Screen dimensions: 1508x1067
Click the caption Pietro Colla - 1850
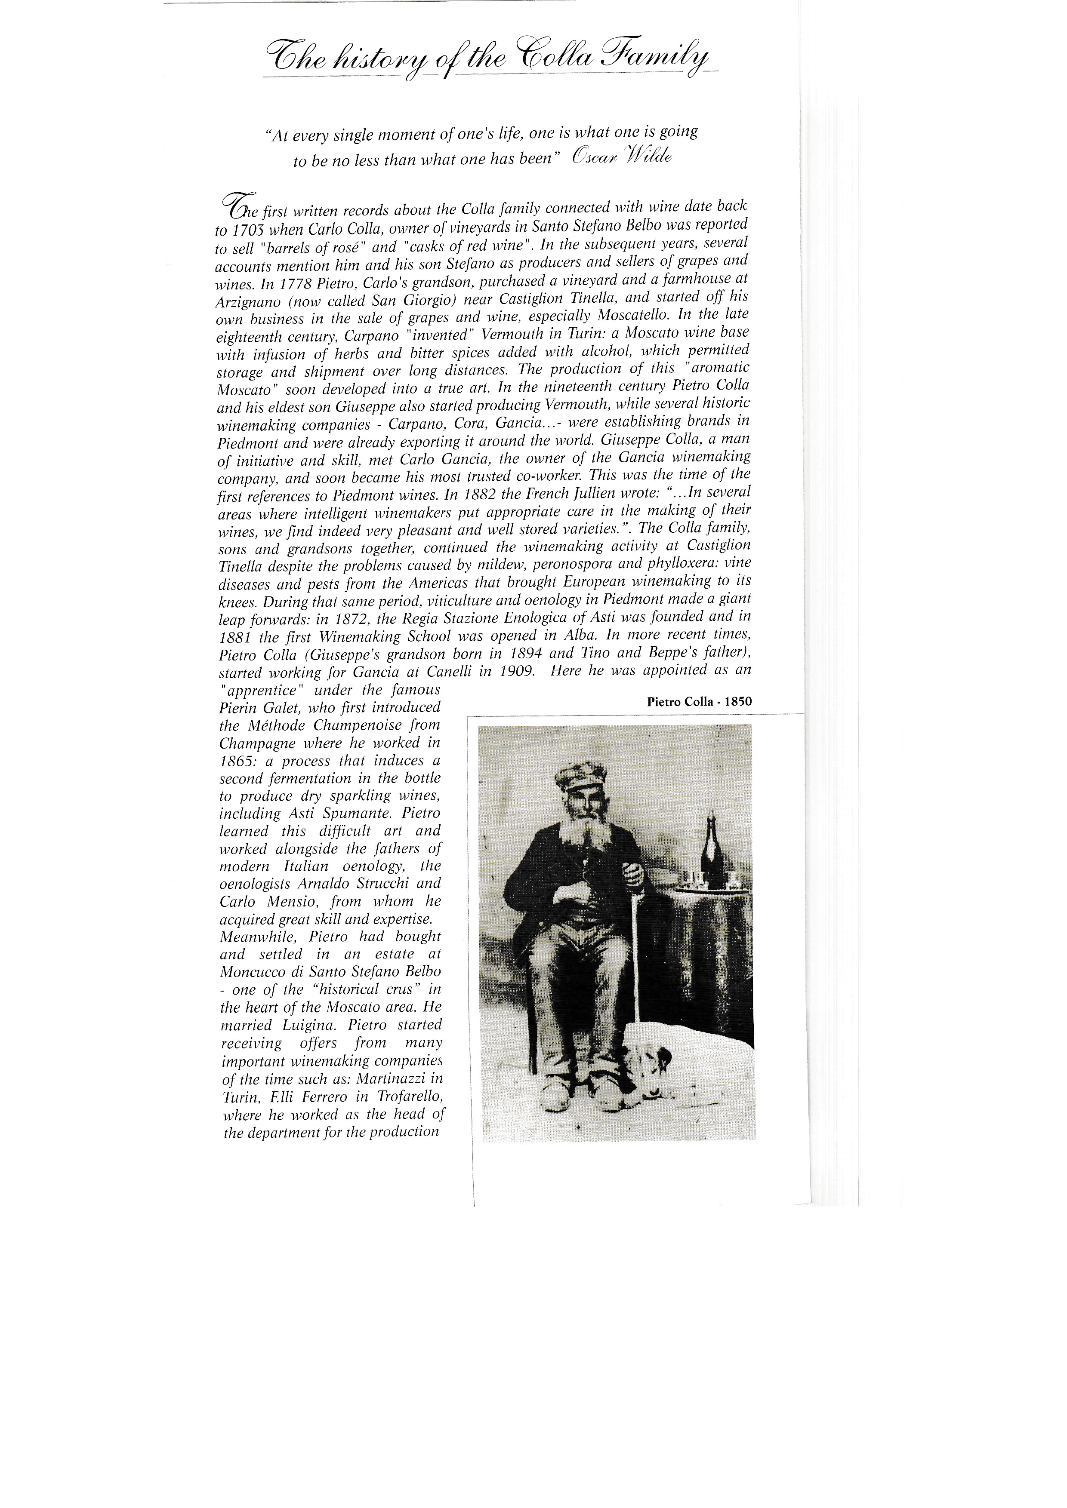click(x=699, y=701)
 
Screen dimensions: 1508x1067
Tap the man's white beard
click(x=580, y=834)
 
